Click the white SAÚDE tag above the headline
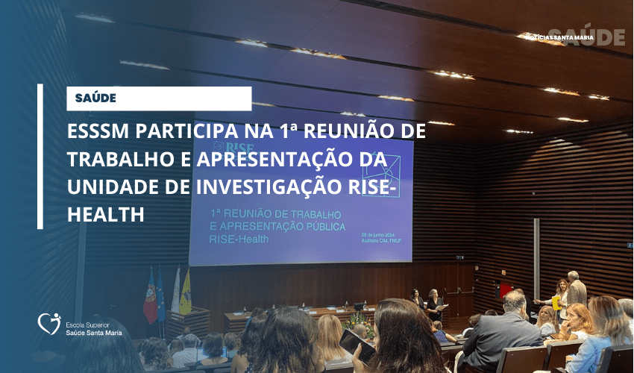click(159, 98)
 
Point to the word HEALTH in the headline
click(105, 215)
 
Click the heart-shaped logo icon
click(48, 323)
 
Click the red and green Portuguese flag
click(150, 295)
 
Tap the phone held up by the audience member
click(357, 345)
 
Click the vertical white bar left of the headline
click(40, 157)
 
